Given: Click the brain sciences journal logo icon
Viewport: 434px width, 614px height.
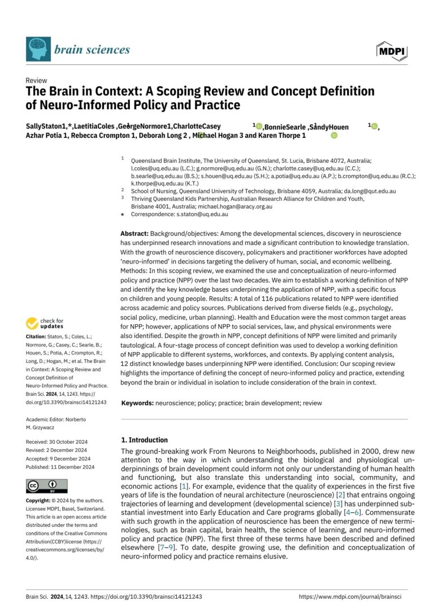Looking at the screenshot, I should [38, 49].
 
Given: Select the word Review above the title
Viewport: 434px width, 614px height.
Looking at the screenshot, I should [37, 81].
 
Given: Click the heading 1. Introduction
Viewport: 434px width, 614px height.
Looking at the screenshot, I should [145, 440].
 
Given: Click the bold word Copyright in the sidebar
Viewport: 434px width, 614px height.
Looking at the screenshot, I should [42, 501].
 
